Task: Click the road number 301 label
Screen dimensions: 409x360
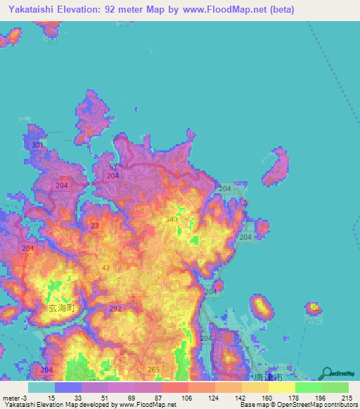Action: pyautogui.click(x=38, y=145)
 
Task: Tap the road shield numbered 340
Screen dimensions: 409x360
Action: pyautogui.click(x=169, y=219)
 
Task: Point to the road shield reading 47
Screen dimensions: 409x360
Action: pyautogui.click(x=105, y=269)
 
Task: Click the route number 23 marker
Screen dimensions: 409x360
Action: pyautogui.click(x=94, y=226)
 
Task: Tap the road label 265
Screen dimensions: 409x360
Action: pyautogui.click(x=154, y=370)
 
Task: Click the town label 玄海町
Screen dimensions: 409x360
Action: pyautogui.click(x=65, y=309)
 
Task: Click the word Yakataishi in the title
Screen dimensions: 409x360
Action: pyautogui.click(x=32, y=10)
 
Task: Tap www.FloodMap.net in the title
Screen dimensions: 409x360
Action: pyautogui.click(x=218, y=10)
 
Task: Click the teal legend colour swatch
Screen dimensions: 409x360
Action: pyautogui.click(x=41, y=387)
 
